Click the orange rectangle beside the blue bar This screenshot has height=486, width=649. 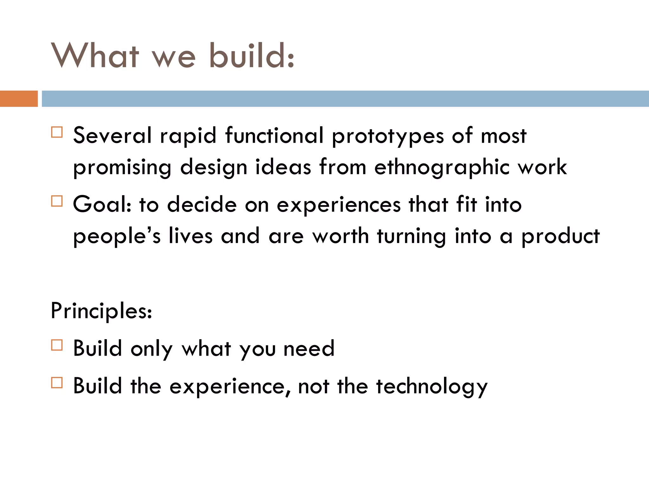[x=19, y=98]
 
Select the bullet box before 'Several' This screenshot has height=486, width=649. [x=57, y=132]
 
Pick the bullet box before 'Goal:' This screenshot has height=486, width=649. [x=57, y=201]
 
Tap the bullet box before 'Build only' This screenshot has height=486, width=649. [x=57, y=345]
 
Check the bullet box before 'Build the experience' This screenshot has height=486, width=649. [x=57, y=383]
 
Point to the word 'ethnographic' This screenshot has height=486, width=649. [x=442, y=168]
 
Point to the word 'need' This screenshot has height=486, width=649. [x=309, y=349]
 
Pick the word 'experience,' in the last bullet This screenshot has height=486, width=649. [x=229, y=387]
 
